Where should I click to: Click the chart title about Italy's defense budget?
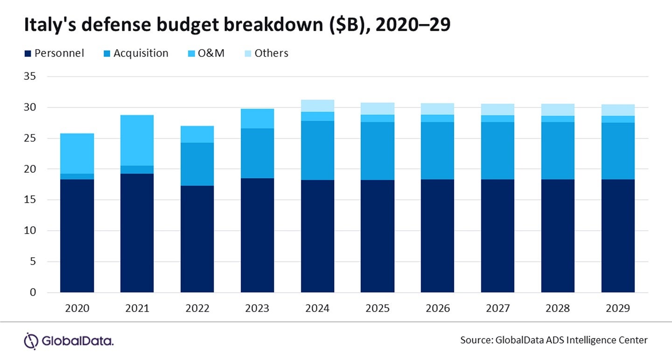click(237, 26)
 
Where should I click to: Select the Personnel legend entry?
click(54, 53)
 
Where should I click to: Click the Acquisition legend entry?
click(136, 53)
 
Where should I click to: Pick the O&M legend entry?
click(205, 53)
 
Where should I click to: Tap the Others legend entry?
click(266, 53)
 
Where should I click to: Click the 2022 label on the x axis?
click(197, 309)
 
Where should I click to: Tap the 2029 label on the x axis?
click(618, 309)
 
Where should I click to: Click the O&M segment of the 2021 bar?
click(137, 140)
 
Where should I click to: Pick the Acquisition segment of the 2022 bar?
click(197, 164)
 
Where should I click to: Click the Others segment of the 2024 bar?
click(317, 106)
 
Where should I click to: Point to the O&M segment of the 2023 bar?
click(257, 119)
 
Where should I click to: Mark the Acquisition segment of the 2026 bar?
click(437, 150)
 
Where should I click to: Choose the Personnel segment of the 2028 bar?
click(558, 236)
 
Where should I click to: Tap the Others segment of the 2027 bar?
click(497, 109)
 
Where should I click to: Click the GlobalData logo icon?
click(31, 340)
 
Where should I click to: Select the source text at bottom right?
click(554, 340)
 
